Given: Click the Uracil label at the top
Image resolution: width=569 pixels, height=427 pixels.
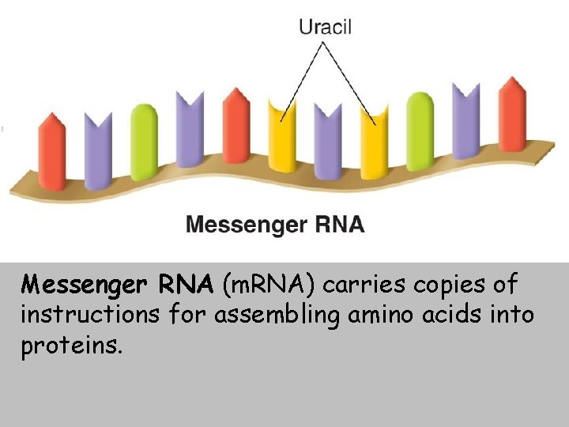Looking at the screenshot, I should click(x=325, y=26).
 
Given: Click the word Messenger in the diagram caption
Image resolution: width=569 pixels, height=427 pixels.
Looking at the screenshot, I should click(x=244, y=225).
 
